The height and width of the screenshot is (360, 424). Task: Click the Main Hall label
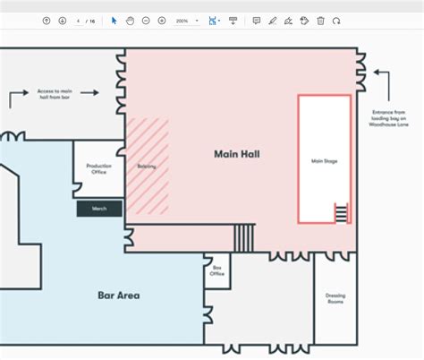pos(236,154)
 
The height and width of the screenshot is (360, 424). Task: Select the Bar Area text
pos(118,295)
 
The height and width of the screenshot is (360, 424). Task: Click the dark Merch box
pos(99,209)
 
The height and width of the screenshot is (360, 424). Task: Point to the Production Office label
pos(98,169)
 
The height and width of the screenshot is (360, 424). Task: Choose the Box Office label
pos(216,270)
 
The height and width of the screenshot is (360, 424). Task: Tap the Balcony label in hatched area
pos(147,167)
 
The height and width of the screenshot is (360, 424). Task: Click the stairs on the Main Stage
pos(340,213)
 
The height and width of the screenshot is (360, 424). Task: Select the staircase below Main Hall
pos(243,237)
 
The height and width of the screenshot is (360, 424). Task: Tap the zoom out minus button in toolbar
pos(146,21)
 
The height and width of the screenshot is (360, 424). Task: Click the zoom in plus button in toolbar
pos(161,21)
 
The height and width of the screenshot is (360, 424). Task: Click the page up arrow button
pos(47,21)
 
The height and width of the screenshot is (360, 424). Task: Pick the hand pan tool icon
pos(130,21)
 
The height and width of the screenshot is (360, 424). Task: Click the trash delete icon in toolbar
pos(320,21)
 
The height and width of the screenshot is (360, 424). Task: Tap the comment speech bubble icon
pos(257,21)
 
